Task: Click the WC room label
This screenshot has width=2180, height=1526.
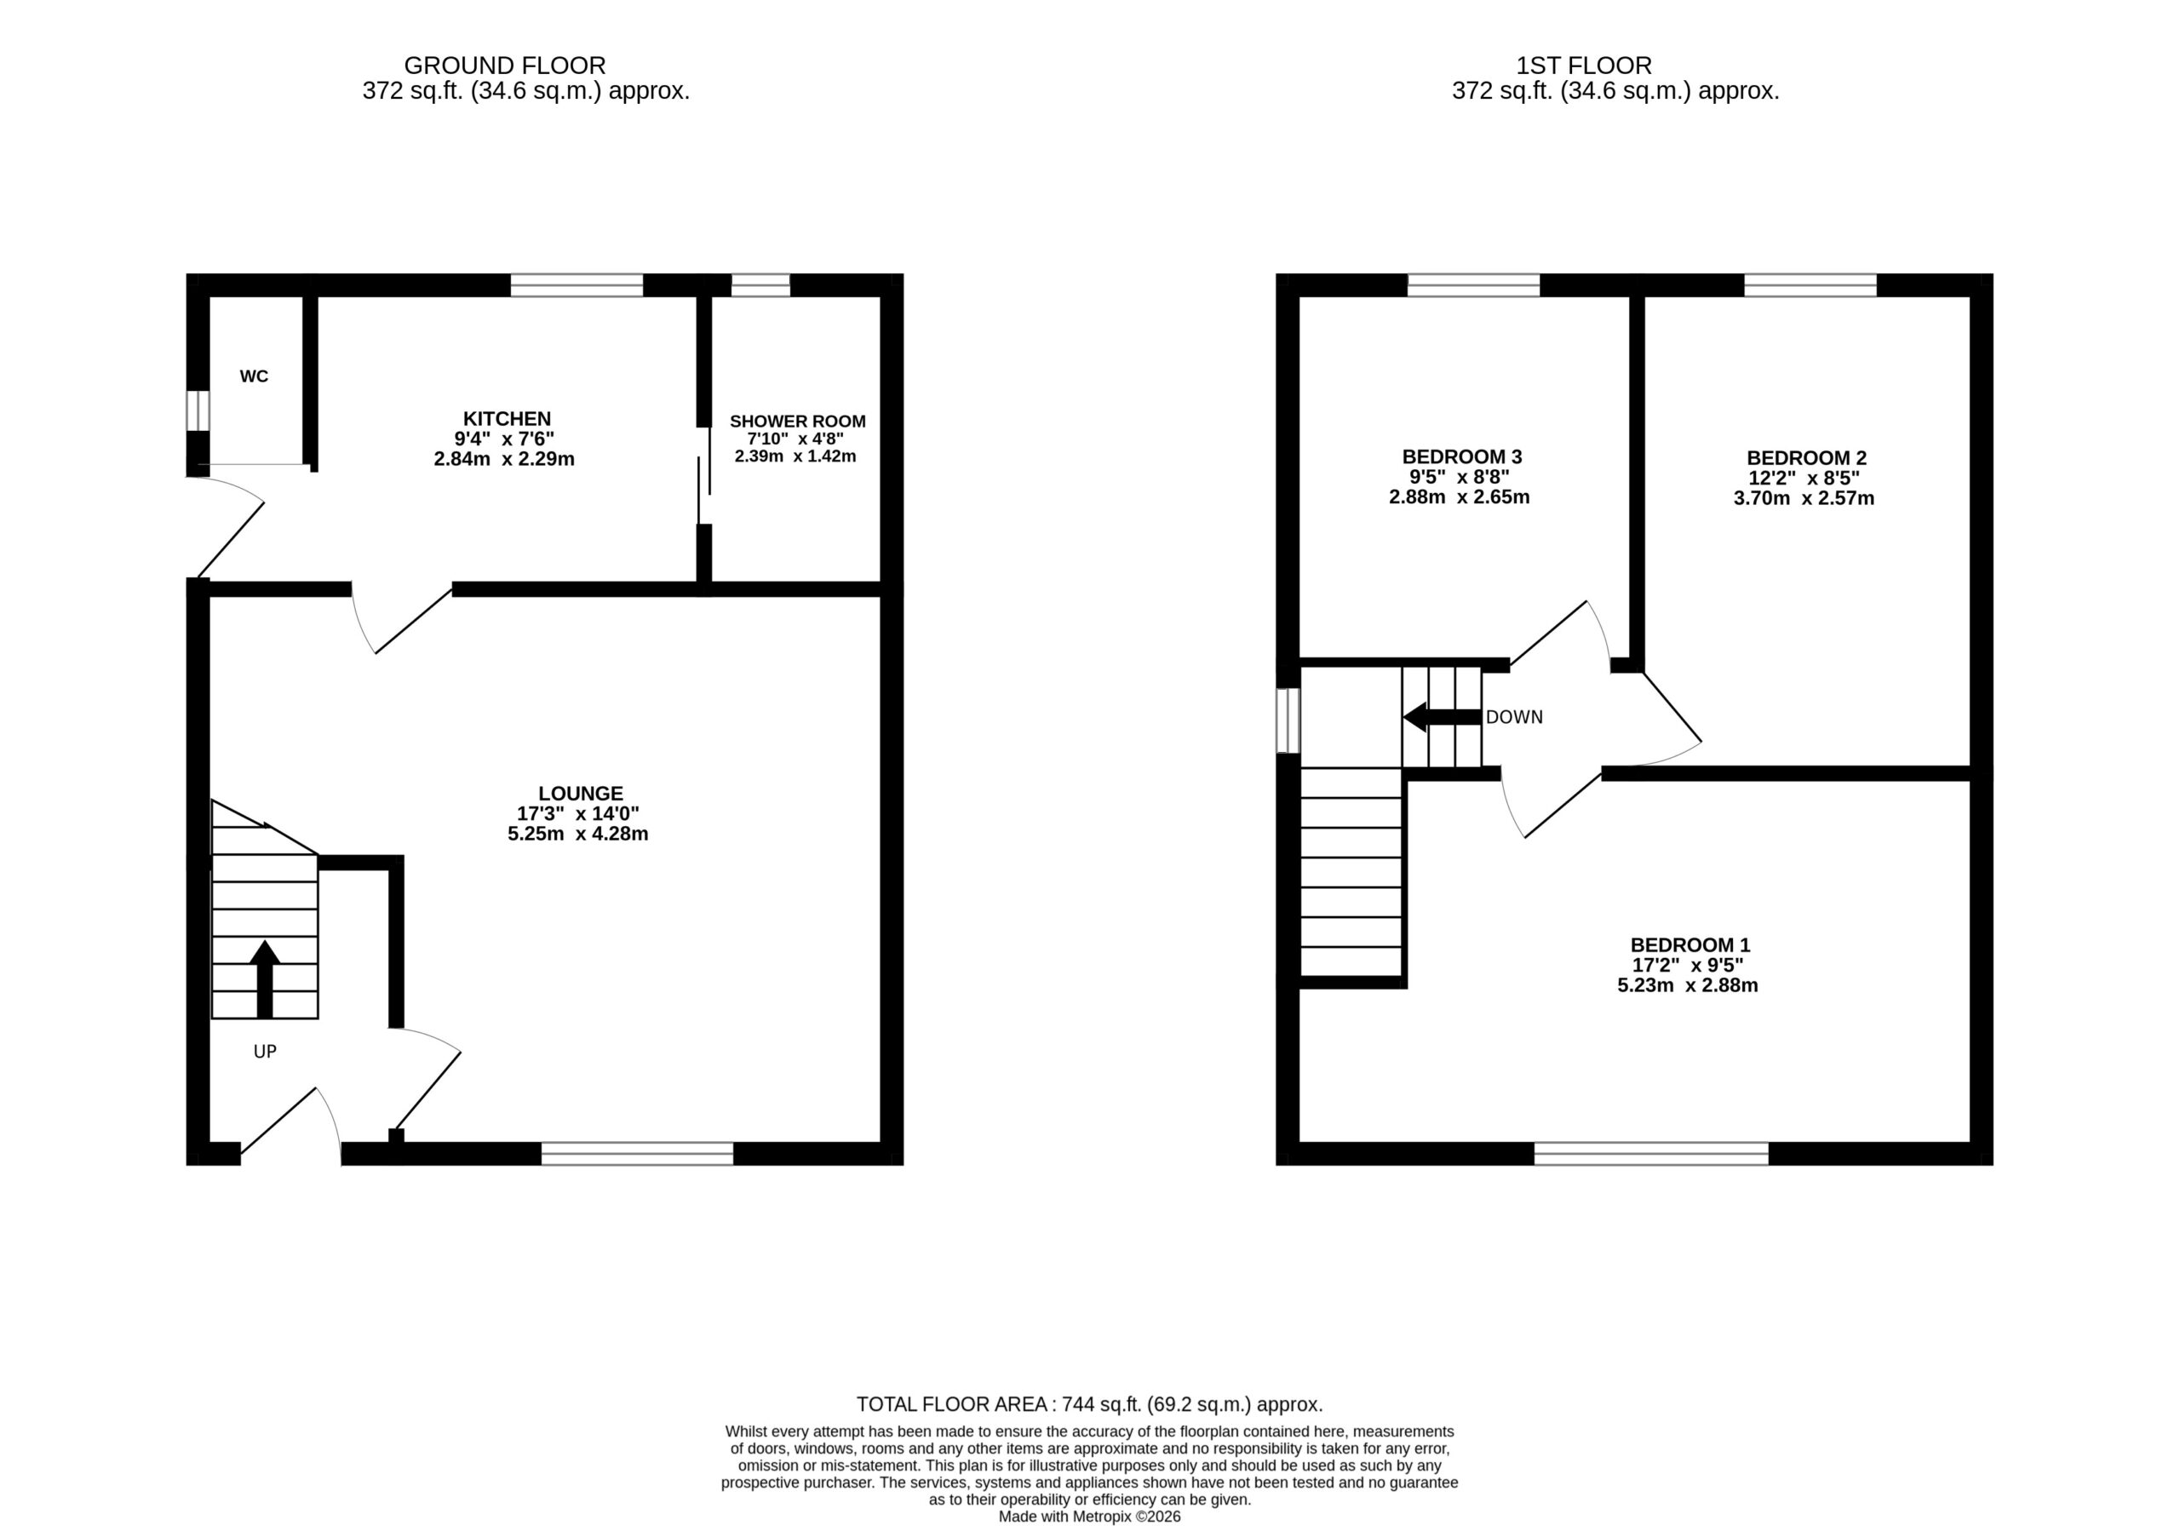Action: click(x=254, y=376)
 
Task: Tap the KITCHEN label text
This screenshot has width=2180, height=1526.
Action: click(x=507, y=419)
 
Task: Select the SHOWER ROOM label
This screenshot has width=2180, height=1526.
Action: click(x=798, y=421)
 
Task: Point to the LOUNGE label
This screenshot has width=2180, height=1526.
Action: click(x=581, y=793)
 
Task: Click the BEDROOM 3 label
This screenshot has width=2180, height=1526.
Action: click(x=1462, y=456)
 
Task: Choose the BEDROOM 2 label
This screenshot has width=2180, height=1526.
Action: click(x=1807, y=457)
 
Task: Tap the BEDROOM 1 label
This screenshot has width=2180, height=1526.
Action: click(x=1690, y=945)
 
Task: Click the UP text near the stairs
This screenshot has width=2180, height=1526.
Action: click(x=265, y=1051)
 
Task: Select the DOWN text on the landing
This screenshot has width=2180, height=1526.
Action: click(x=1514, y=717)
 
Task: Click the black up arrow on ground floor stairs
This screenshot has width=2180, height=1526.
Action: click(x=265, y=979)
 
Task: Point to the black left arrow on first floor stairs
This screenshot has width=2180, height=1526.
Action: click(x=1443, y=717)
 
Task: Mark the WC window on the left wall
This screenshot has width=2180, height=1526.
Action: click(x=198, y=411)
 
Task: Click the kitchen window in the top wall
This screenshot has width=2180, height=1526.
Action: click(x=577, y=285)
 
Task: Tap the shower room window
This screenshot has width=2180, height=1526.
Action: click(x=760, y=285)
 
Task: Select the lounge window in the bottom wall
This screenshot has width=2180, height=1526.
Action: click(x=637, y=1154)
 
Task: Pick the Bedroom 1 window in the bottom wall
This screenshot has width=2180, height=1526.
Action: click(x=1651, y=1154)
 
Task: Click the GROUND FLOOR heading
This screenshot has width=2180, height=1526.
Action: click(x=505, y=66)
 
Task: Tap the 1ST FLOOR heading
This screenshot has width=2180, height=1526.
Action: click(x=1584, y=66)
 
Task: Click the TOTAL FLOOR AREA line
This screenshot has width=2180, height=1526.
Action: click(x=1090, y=1403)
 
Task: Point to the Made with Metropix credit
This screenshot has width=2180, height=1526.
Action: click(x=1090, y=1517)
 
